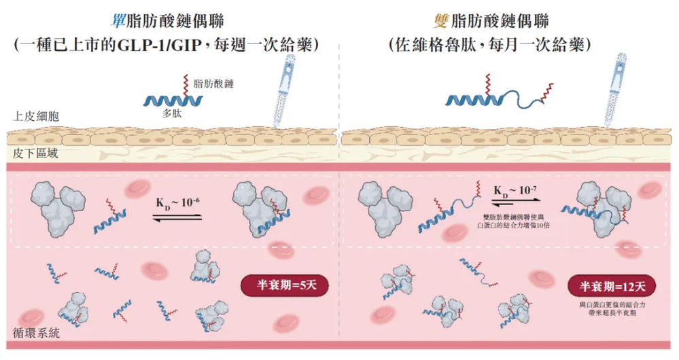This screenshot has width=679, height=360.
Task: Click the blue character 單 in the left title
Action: coord(118,21)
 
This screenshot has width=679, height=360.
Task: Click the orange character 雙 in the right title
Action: coord(442,21)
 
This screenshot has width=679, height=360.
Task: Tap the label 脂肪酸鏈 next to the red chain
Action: coord(213,84)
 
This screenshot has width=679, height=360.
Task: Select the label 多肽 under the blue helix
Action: coord(172,113)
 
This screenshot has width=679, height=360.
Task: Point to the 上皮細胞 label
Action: coord(36,116)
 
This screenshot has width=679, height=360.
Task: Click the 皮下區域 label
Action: coord(35,154)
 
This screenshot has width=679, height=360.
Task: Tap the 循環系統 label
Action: coord(37,333)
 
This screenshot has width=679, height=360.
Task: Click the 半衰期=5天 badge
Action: coord(285,285)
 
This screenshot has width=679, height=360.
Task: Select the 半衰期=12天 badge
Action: coord(612,285)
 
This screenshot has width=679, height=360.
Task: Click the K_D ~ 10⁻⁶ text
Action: coord(177,202)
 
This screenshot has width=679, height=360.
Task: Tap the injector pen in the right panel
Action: coord(616,90)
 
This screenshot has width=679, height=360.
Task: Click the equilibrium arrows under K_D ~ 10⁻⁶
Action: coord(177,217)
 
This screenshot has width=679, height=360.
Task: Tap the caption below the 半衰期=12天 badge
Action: coord(612,308)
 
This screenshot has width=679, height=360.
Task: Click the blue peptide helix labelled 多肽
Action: coord(173,101)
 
